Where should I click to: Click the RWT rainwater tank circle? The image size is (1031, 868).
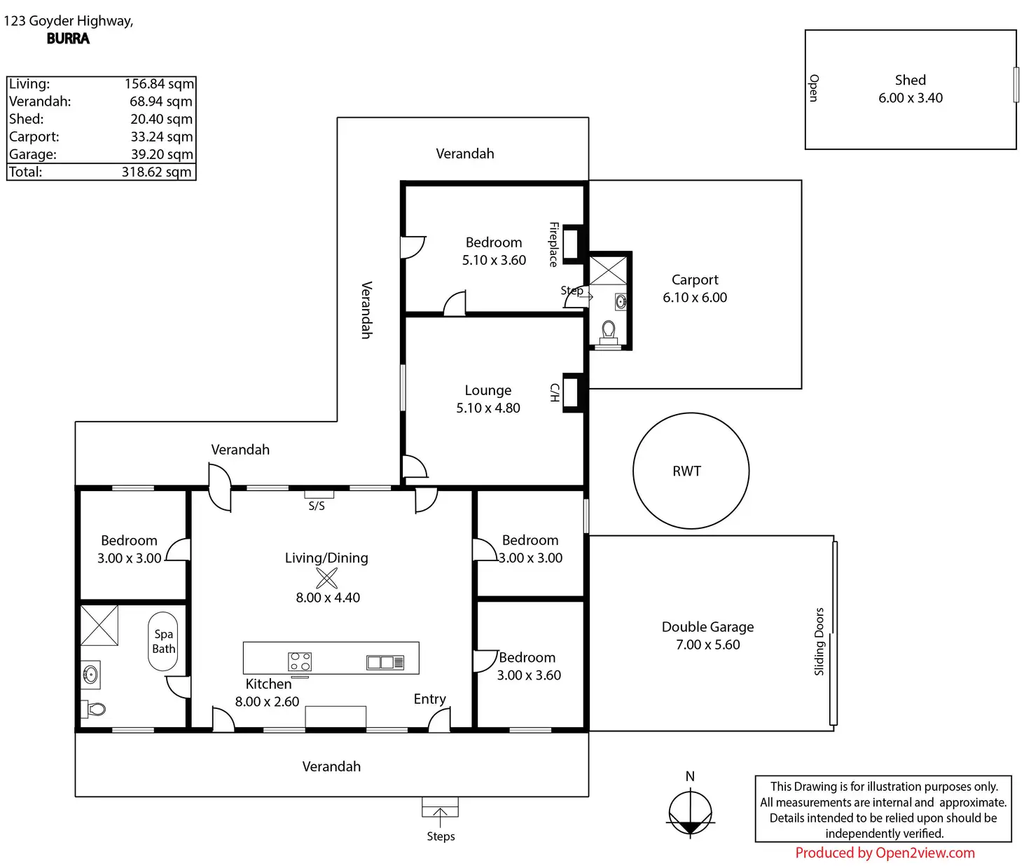click(x=633, y=471)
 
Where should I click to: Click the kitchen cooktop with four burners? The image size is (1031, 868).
click(x=300, y=661)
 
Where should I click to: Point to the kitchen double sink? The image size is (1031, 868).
click(x=385, y=662)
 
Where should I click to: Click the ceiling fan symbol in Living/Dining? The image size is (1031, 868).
click(x=326, y=578)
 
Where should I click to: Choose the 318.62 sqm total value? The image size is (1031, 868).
click(x=156, y=172)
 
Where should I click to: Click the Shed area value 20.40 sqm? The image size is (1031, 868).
click(x=162, y=119)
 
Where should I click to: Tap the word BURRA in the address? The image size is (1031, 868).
click(x=68, y=39)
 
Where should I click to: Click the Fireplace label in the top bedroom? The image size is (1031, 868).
click(x=554, y=244)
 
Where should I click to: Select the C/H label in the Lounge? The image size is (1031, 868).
click(x=555, y=392)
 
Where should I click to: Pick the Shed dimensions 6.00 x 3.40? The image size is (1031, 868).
click(x=910, y=98)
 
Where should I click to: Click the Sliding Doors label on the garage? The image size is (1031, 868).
click(x=819, y=641)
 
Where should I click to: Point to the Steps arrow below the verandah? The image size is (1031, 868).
click(x=440, y=818)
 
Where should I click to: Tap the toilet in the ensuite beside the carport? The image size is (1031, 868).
click(x=609, y=331)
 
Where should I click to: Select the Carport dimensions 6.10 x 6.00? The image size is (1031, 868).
click(x=694, y=298)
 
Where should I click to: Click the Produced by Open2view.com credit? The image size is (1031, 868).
click(x=885, y=853)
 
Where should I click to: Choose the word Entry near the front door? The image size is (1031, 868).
click(x=429, y=699)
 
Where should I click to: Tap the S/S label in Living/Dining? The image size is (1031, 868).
click(x=317, y=506)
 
